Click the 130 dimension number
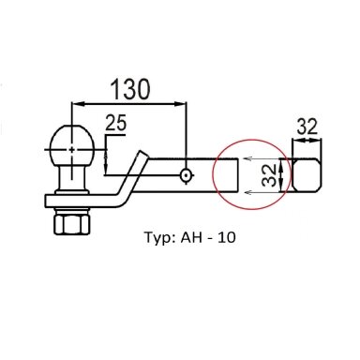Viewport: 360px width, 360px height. (x=130, y=89)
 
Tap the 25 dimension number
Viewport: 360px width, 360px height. (x=116, y=123)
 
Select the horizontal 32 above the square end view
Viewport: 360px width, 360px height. (x=307, y=127)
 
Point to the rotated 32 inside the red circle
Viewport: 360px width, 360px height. (x=269, y=175)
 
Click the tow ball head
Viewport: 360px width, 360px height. (x=72, y=146)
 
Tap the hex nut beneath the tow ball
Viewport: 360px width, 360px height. (x=72, y=222)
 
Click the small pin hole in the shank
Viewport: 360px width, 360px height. (x=186, y=175)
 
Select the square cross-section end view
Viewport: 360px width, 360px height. (x=307, y=175)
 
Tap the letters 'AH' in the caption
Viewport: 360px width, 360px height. (x=190, y=237)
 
